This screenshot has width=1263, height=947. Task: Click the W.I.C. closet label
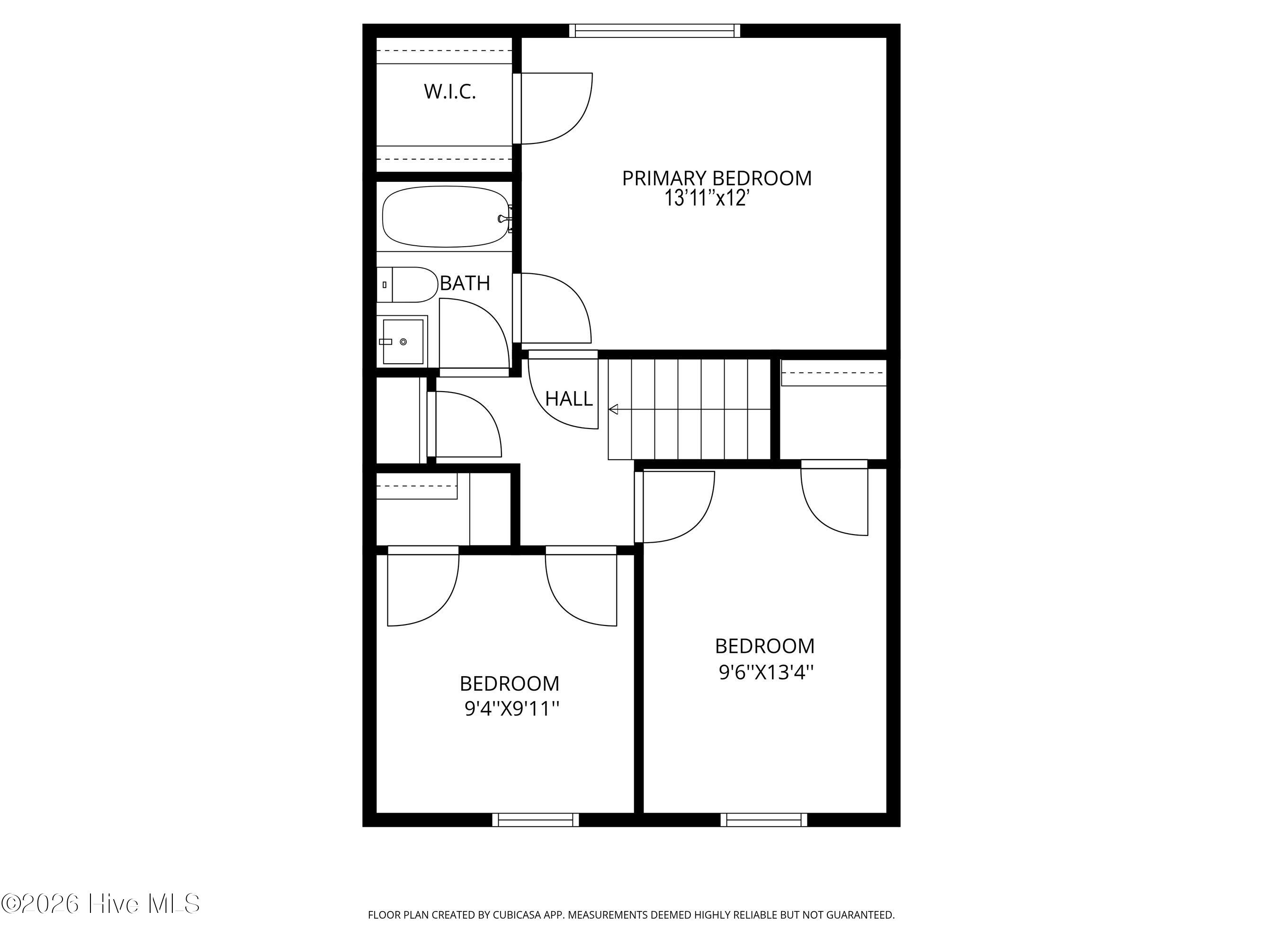click(450, 91)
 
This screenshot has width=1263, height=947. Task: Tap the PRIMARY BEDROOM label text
click(717, 178)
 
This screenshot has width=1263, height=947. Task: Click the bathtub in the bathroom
click(445, 217)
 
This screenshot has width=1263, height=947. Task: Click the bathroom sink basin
click(403, 341)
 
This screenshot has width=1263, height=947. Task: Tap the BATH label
click(465, 283)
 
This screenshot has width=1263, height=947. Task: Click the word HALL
click(569, 398)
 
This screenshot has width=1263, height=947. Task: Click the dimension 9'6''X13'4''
click(766, 672)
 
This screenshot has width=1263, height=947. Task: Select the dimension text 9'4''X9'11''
click(511, 708)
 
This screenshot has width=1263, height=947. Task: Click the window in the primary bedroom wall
click(654, 30)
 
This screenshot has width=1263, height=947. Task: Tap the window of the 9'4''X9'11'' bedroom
click(536, 820)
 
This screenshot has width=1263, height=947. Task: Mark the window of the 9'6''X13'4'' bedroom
click(764, 820)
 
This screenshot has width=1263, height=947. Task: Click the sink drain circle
click(403, 341)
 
